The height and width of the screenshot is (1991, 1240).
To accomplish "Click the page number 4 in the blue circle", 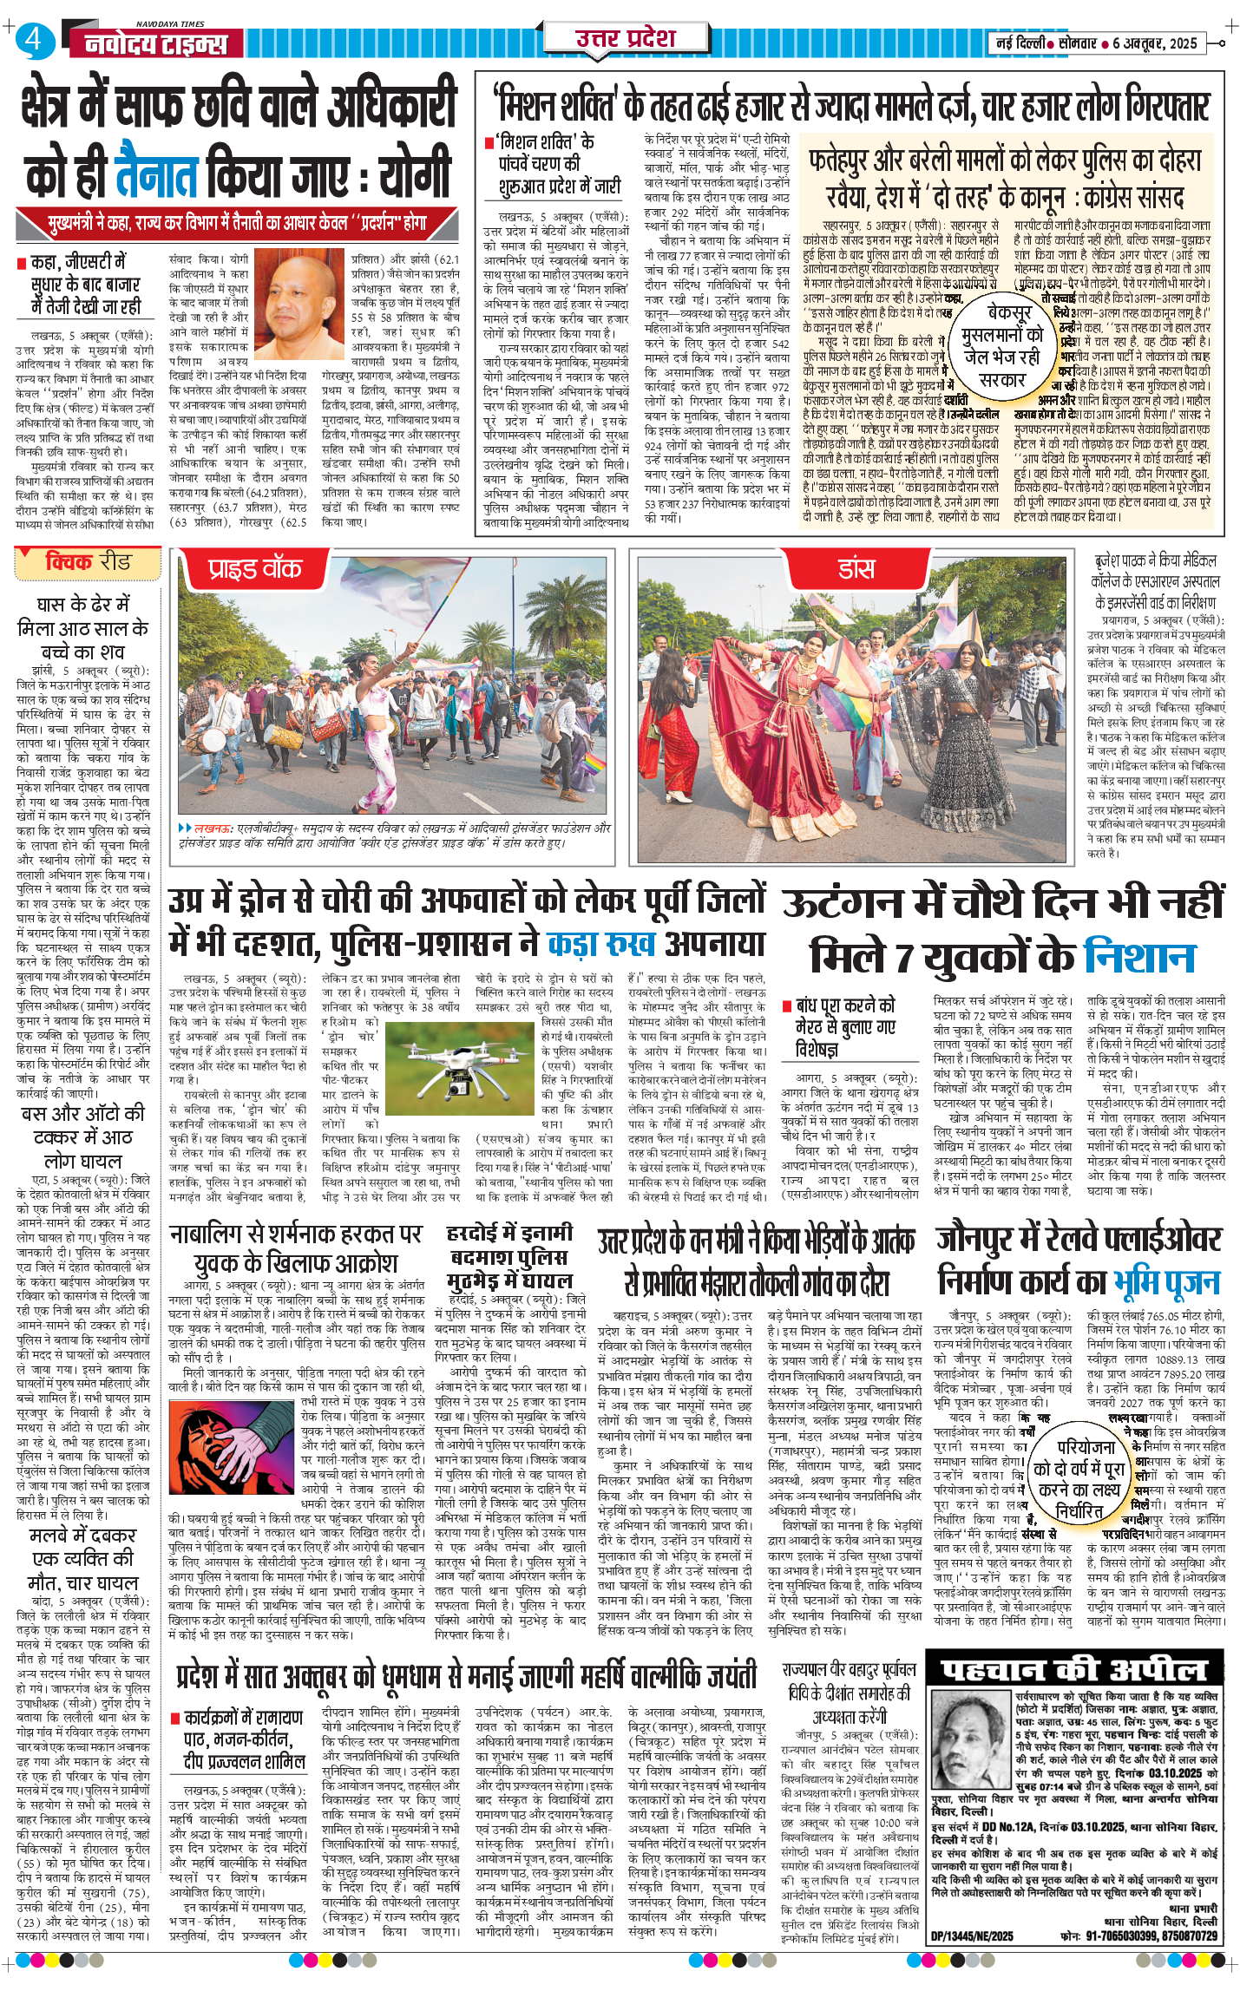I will pos(33,40).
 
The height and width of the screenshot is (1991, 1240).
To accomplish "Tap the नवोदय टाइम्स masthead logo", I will pos(156,44).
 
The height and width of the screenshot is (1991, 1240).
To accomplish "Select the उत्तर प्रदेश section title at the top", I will pos(626,37).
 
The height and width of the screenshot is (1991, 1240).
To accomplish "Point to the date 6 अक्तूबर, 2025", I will pos(1155,43).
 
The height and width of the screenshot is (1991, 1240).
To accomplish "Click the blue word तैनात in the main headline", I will pos(157,174).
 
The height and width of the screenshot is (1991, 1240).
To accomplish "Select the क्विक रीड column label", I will pos(88,562).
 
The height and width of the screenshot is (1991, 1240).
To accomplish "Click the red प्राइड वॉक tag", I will pos(254,569).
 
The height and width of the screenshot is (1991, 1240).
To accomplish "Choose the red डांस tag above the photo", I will pos(856,569).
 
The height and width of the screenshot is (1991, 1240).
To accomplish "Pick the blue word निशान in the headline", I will pos(1139,957).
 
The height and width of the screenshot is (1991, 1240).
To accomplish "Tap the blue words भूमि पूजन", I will pos(1167,1281).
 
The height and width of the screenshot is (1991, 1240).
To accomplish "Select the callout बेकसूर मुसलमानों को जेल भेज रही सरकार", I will pos(1003,345).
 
